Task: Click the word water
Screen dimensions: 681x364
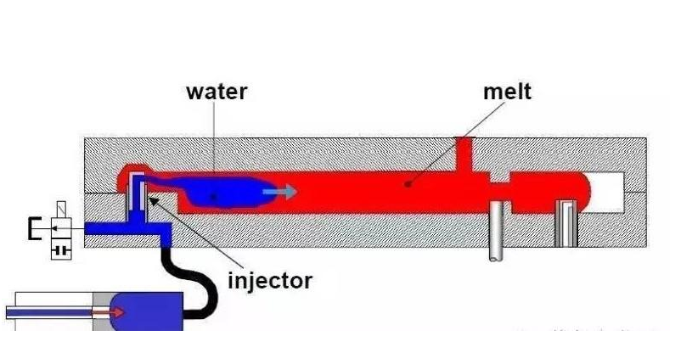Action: (217, 92)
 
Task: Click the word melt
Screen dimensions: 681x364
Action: (507, 92)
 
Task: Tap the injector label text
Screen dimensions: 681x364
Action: (270, 281)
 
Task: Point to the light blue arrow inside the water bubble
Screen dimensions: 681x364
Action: (279, 191)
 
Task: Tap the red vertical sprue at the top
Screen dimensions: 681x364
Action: (464, 154)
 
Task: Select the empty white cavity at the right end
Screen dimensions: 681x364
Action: (607, 192)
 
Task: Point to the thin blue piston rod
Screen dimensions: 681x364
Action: (49, 312)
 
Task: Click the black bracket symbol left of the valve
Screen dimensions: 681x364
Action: (34, 228)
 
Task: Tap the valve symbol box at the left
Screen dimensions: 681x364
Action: (61, 231)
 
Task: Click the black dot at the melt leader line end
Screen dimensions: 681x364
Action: (407, 184)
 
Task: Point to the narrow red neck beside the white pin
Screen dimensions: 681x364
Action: (499, 191)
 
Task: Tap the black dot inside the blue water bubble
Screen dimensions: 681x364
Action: (213, 197)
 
